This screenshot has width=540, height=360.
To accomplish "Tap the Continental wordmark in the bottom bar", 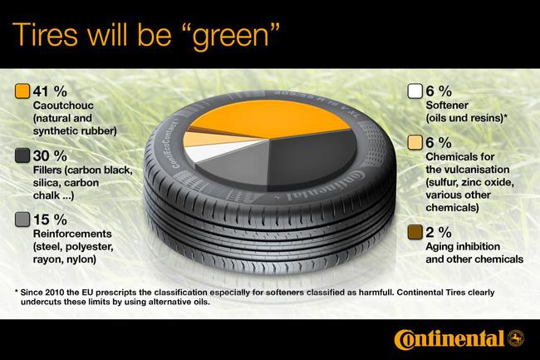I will point(449,339).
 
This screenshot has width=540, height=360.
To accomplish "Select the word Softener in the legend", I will point(449,106).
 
